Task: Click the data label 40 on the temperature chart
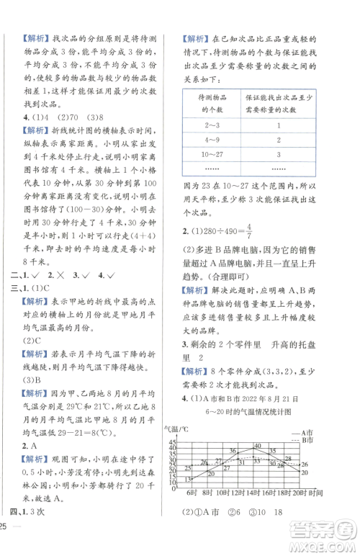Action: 257,446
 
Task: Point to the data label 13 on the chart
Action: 187,479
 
